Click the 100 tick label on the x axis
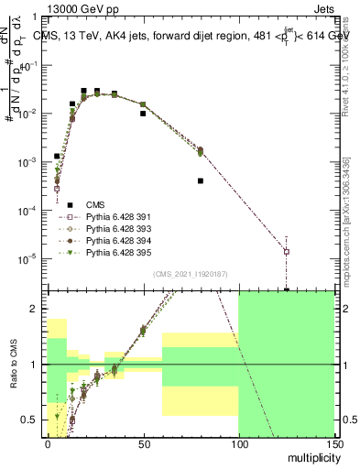238,444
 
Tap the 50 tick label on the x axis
143,444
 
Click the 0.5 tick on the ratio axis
32,420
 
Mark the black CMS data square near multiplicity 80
200,181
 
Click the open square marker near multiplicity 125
287,251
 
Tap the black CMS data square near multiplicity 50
143,115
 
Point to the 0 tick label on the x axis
48,444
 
